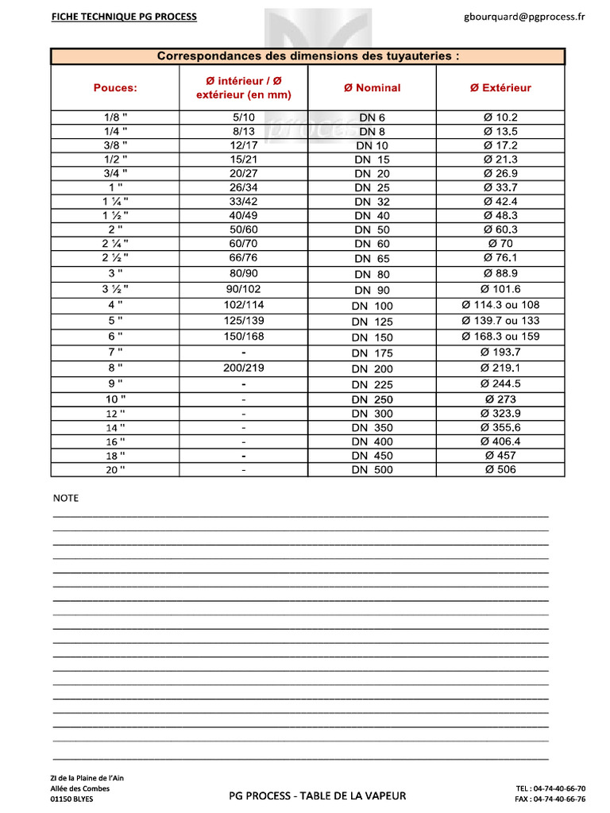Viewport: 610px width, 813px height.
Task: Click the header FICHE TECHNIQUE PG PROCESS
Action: (124, 16)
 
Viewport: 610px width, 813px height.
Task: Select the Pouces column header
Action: (115, 88)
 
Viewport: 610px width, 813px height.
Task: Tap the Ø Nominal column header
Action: (372, 88)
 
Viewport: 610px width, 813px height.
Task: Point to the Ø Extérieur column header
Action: (500, 88)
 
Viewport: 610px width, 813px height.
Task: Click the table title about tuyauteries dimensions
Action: (308, 56)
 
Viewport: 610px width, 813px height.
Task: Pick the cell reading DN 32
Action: (372, 202)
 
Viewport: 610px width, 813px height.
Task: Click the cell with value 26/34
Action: (243, 187)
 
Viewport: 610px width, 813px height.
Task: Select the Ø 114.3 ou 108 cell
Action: (500, 305)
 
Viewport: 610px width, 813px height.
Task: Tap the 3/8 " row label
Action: (115, 145)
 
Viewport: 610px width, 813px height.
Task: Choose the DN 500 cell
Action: (372, 470)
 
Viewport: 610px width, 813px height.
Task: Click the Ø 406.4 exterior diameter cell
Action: (500, 441)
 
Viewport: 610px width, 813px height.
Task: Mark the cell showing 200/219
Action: (243, 368)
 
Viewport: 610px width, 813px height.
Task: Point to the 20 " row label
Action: (115, 470)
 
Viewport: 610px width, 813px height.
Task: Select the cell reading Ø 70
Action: (500, 244)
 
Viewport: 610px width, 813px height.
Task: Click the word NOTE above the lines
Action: (66, 499)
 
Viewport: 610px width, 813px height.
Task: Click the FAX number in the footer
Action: (550, 799)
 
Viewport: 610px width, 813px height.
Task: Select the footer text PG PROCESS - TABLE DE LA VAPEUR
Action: (318, 796)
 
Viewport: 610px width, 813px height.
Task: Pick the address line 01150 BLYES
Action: (71, 800)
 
